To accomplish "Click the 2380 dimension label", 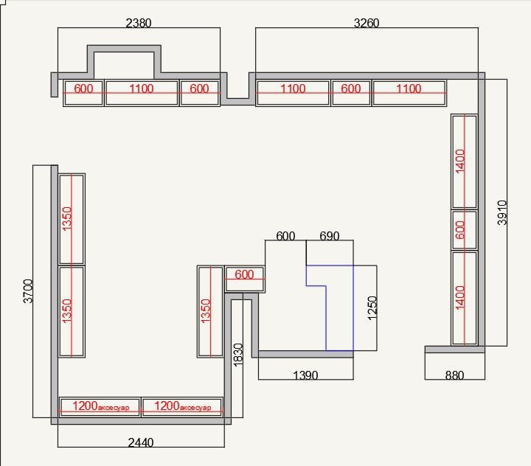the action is pyautogui.click(x=139, y=23).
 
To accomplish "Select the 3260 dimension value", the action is pyautogui.click(x=367, y=23).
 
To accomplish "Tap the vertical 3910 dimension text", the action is pyautogui.click(x=502, y=212).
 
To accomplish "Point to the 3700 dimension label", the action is pyautogui.click(x=28, y=291).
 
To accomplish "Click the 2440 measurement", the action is pyautogui.click(x=141, y=442).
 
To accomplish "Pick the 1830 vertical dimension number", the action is pyautogui.click(x=238, y=355).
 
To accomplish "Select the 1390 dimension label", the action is pyautogui.click(x=305, y=375).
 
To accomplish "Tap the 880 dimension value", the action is pyautogui.click(x=454, y=375).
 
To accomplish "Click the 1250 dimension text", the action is pyautogui.click(x=372, y=308).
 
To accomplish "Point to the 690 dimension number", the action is pyautogui.click(x=330, y=236).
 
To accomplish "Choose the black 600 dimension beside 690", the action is pyautogui.click(x=285, y=236).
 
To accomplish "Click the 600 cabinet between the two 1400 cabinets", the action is pyautogui.click(x=465, y=230).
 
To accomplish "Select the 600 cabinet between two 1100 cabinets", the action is pyautogui.click(x=351, y=93).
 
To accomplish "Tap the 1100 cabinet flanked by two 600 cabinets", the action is pyautogui.click(x=142, y=93).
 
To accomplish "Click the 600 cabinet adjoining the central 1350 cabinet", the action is pyautogui.click(x=245, y=279).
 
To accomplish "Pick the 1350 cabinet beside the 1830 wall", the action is pyautogui.click(x=210, y=312).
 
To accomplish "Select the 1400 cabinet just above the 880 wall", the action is pyautogui.click(x=465, y=298).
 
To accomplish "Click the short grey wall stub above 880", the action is pyautogui.click(x=455, y=349).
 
